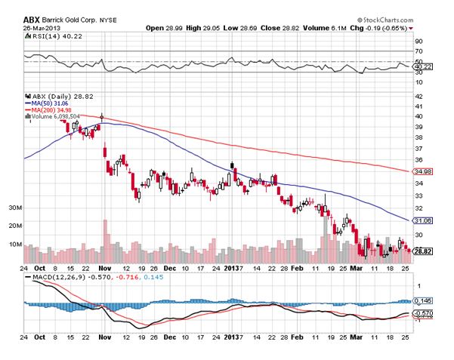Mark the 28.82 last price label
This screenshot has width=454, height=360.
[424, 250]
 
